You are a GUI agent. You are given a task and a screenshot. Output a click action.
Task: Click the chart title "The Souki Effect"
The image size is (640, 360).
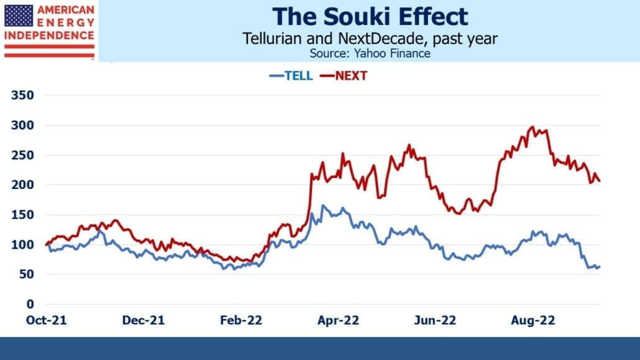370,16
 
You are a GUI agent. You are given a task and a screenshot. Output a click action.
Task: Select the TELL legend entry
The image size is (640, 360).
291,76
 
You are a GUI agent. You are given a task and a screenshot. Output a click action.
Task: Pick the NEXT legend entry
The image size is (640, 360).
344,76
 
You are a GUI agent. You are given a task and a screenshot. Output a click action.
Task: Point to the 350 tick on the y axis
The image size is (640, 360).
22,95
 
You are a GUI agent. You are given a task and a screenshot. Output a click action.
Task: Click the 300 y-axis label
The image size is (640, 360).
22,125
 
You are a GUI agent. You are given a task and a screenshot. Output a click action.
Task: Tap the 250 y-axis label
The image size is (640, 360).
22,155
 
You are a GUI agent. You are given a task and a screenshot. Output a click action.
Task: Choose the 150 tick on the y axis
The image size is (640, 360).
22,215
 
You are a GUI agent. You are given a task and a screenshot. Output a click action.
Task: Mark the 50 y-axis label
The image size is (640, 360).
26,274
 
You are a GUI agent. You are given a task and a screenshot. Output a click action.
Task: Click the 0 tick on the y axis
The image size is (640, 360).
30,304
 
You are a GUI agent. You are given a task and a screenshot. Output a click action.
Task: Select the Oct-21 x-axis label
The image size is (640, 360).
46,320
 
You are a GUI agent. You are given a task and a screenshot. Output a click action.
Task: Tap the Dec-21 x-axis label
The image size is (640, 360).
144,320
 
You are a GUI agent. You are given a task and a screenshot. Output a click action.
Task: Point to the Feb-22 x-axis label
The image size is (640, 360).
241,320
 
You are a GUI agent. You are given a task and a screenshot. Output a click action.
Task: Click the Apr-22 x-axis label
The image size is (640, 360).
339,320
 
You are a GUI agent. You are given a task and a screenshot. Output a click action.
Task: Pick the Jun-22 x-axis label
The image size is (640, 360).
435,320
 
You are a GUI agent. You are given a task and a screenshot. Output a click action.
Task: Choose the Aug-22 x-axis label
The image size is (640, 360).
533,320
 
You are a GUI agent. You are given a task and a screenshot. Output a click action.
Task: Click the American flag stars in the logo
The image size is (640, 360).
19,16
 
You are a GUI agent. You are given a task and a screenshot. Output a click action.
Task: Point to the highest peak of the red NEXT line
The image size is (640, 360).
533,127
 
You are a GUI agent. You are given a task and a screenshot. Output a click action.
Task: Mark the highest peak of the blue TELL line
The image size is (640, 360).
323,205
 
